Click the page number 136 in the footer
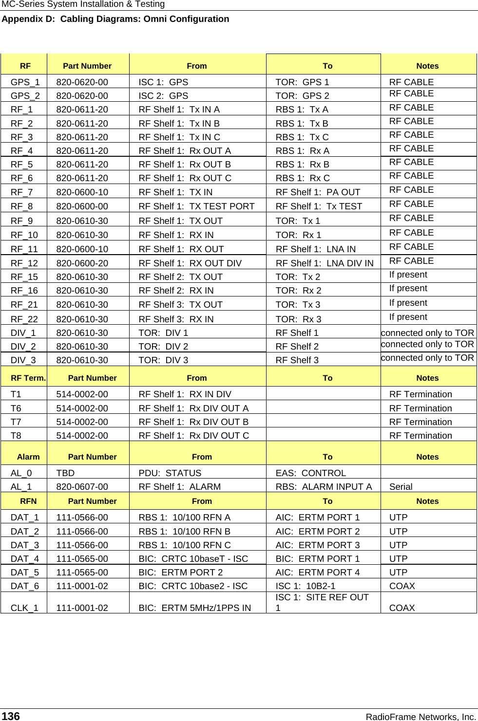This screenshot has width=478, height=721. tap(11, 716)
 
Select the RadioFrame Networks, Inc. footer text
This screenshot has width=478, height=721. tap(421, 717)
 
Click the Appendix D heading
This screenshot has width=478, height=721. tap(115, 19)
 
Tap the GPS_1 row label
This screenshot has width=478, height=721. tap(25, 82)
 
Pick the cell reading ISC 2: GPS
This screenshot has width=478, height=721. tap(163, 96)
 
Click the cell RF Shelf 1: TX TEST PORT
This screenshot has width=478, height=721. tap(196, 206)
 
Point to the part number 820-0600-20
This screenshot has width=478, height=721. tap(82, 263)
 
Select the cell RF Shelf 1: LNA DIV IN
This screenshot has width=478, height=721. tap(325, 263)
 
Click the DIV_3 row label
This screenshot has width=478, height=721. tap(23, 360)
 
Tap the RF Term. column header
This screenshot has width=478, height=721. tap(28, 378)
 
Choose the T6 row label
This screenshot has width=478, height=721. tap(16, 408)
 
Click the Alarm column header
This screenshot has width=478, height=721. tap(28, 457)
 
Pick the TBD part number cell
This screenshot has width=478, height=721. tap(65, 473)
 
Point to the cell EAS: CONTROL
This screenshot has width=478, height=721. tap(311, 473)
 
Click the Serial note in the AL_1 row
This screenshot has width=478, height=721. tap(401, 487)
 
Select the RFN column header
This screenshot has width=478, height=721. tap(28, 501)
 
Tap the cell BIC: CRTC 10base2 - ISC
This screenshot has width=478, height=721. tap(193, 586)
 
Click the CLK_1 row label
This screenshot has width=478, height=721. tap(24, 608)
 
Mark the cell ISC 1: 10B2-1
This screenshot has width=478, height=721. tap(306, 586)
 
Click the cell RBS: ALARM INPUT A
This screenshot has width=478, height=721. tap(324, 487)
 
